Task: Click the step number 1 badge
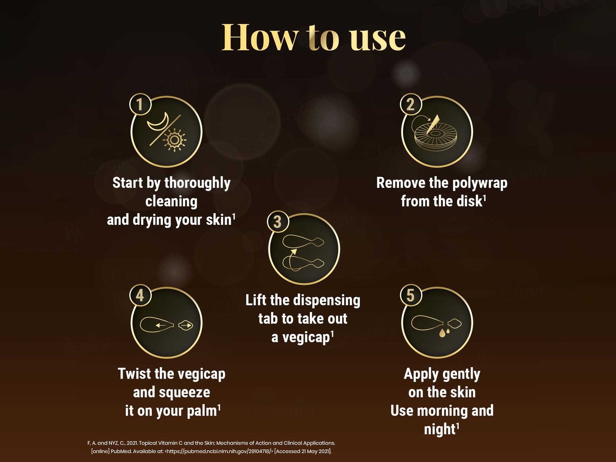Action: tap(140, 104)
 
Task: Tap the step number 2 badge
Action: tap(411, 104)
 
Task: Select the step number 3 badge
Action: tap(278, 222)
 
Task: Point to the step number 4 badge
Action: tap(140, 295)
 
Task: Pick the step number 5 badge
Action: tap(411, 295)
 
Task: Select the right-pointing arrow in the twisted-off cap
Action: tap(186, 325)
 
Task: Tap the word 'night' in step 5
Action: tap(440, 429)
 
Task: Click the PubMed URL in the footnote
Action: tap(219, 452)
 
